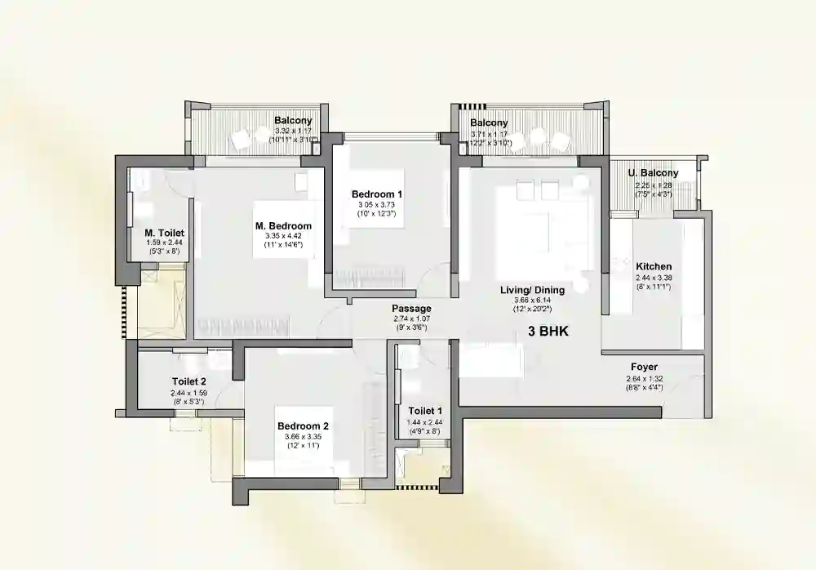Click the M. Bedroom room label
point(283,226)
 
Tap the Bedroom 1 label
point(377,194)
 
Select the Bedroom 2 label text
point(303,426)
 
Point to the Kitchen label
point(654,266)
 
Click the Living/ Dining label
point(532,290)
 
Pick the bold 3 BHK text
point(548,332)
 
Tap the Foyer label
point(644,367)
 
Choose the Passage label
point(410,308)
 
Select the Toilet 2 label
point(188,381)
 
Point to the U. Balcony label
point(653,173)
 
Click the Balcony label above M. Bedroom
point(294,121)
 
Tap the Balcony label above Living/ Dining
point(490,123)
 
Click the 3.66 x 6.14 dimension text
point(532,300)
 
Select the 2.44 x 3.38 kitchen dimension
point(654,278)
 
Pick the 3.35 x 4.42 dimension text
point(283,236)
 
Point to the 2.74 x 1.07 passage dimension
point(410,318)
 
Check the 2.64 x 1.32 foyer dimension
point(644,378)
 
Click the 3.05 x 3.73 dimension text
point(377,204)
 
